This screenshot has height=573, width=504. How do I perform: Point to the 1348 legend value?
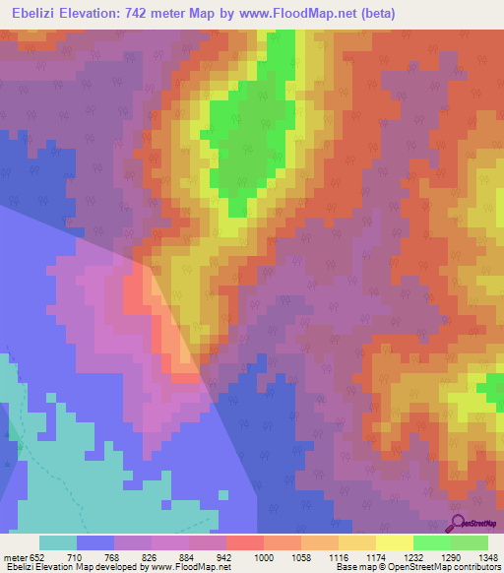tap(485, 556)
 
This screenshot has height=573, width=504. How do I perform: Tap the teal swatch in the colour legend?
tap(58, 542)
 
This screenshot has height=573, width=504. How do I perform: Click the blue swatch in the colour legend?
tap(95, 542)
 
